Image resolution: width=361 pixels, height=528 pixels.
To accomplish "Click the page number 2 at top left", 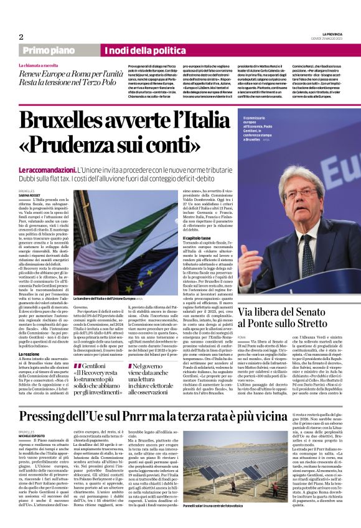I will point(21,37).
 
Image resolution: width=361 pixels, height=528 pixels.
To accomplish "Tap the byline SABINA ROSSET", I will point(31,195).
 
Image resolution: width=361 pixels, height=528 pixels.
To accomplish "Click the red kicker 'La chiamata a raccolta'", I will point(39,65).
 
